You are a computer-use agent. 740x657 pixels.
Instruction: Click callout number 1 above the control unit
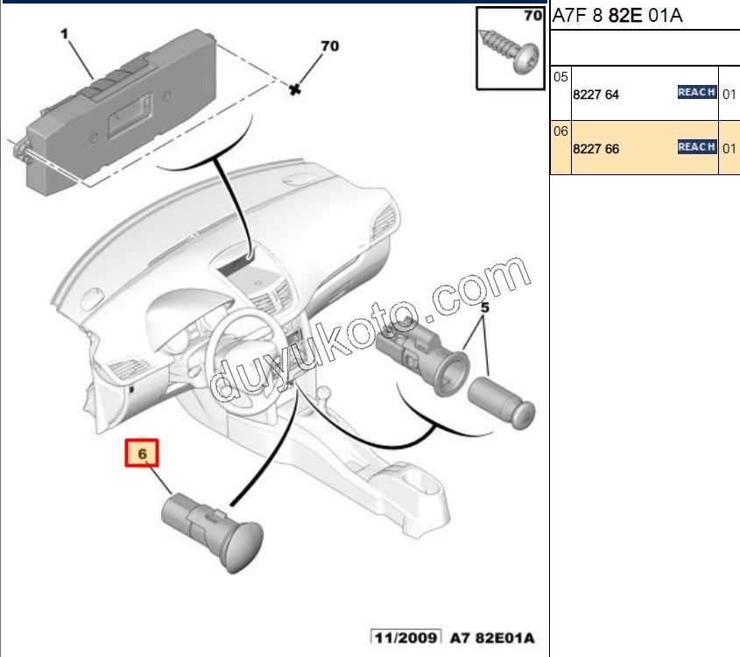64,33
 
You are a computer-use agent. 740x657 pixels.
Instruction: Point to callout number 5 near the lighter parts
484,307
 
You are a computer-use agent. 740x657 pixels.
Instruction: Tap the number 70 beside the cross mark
329,46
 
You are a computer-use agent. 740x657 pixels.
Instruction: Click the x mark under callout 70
296,87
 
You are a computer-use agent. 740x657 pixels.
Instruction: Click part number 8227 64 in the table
595,95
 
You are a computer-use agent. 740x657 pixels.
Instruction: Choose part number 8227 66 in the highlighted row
595,149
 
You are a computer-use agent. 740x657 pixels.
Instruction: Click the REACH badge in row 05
697,92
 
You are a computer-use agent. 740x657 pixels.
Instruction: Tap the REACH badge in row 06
697,147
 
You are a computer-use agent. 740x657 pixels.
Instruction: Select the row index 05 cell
560,77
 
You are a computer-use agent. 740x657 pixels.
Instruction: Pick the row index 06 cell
560,131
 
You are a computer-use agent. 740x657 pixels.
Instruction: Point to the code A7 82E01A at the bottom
492,637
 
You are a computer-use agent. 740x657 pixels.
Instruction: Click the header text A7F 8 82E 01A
615,16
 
